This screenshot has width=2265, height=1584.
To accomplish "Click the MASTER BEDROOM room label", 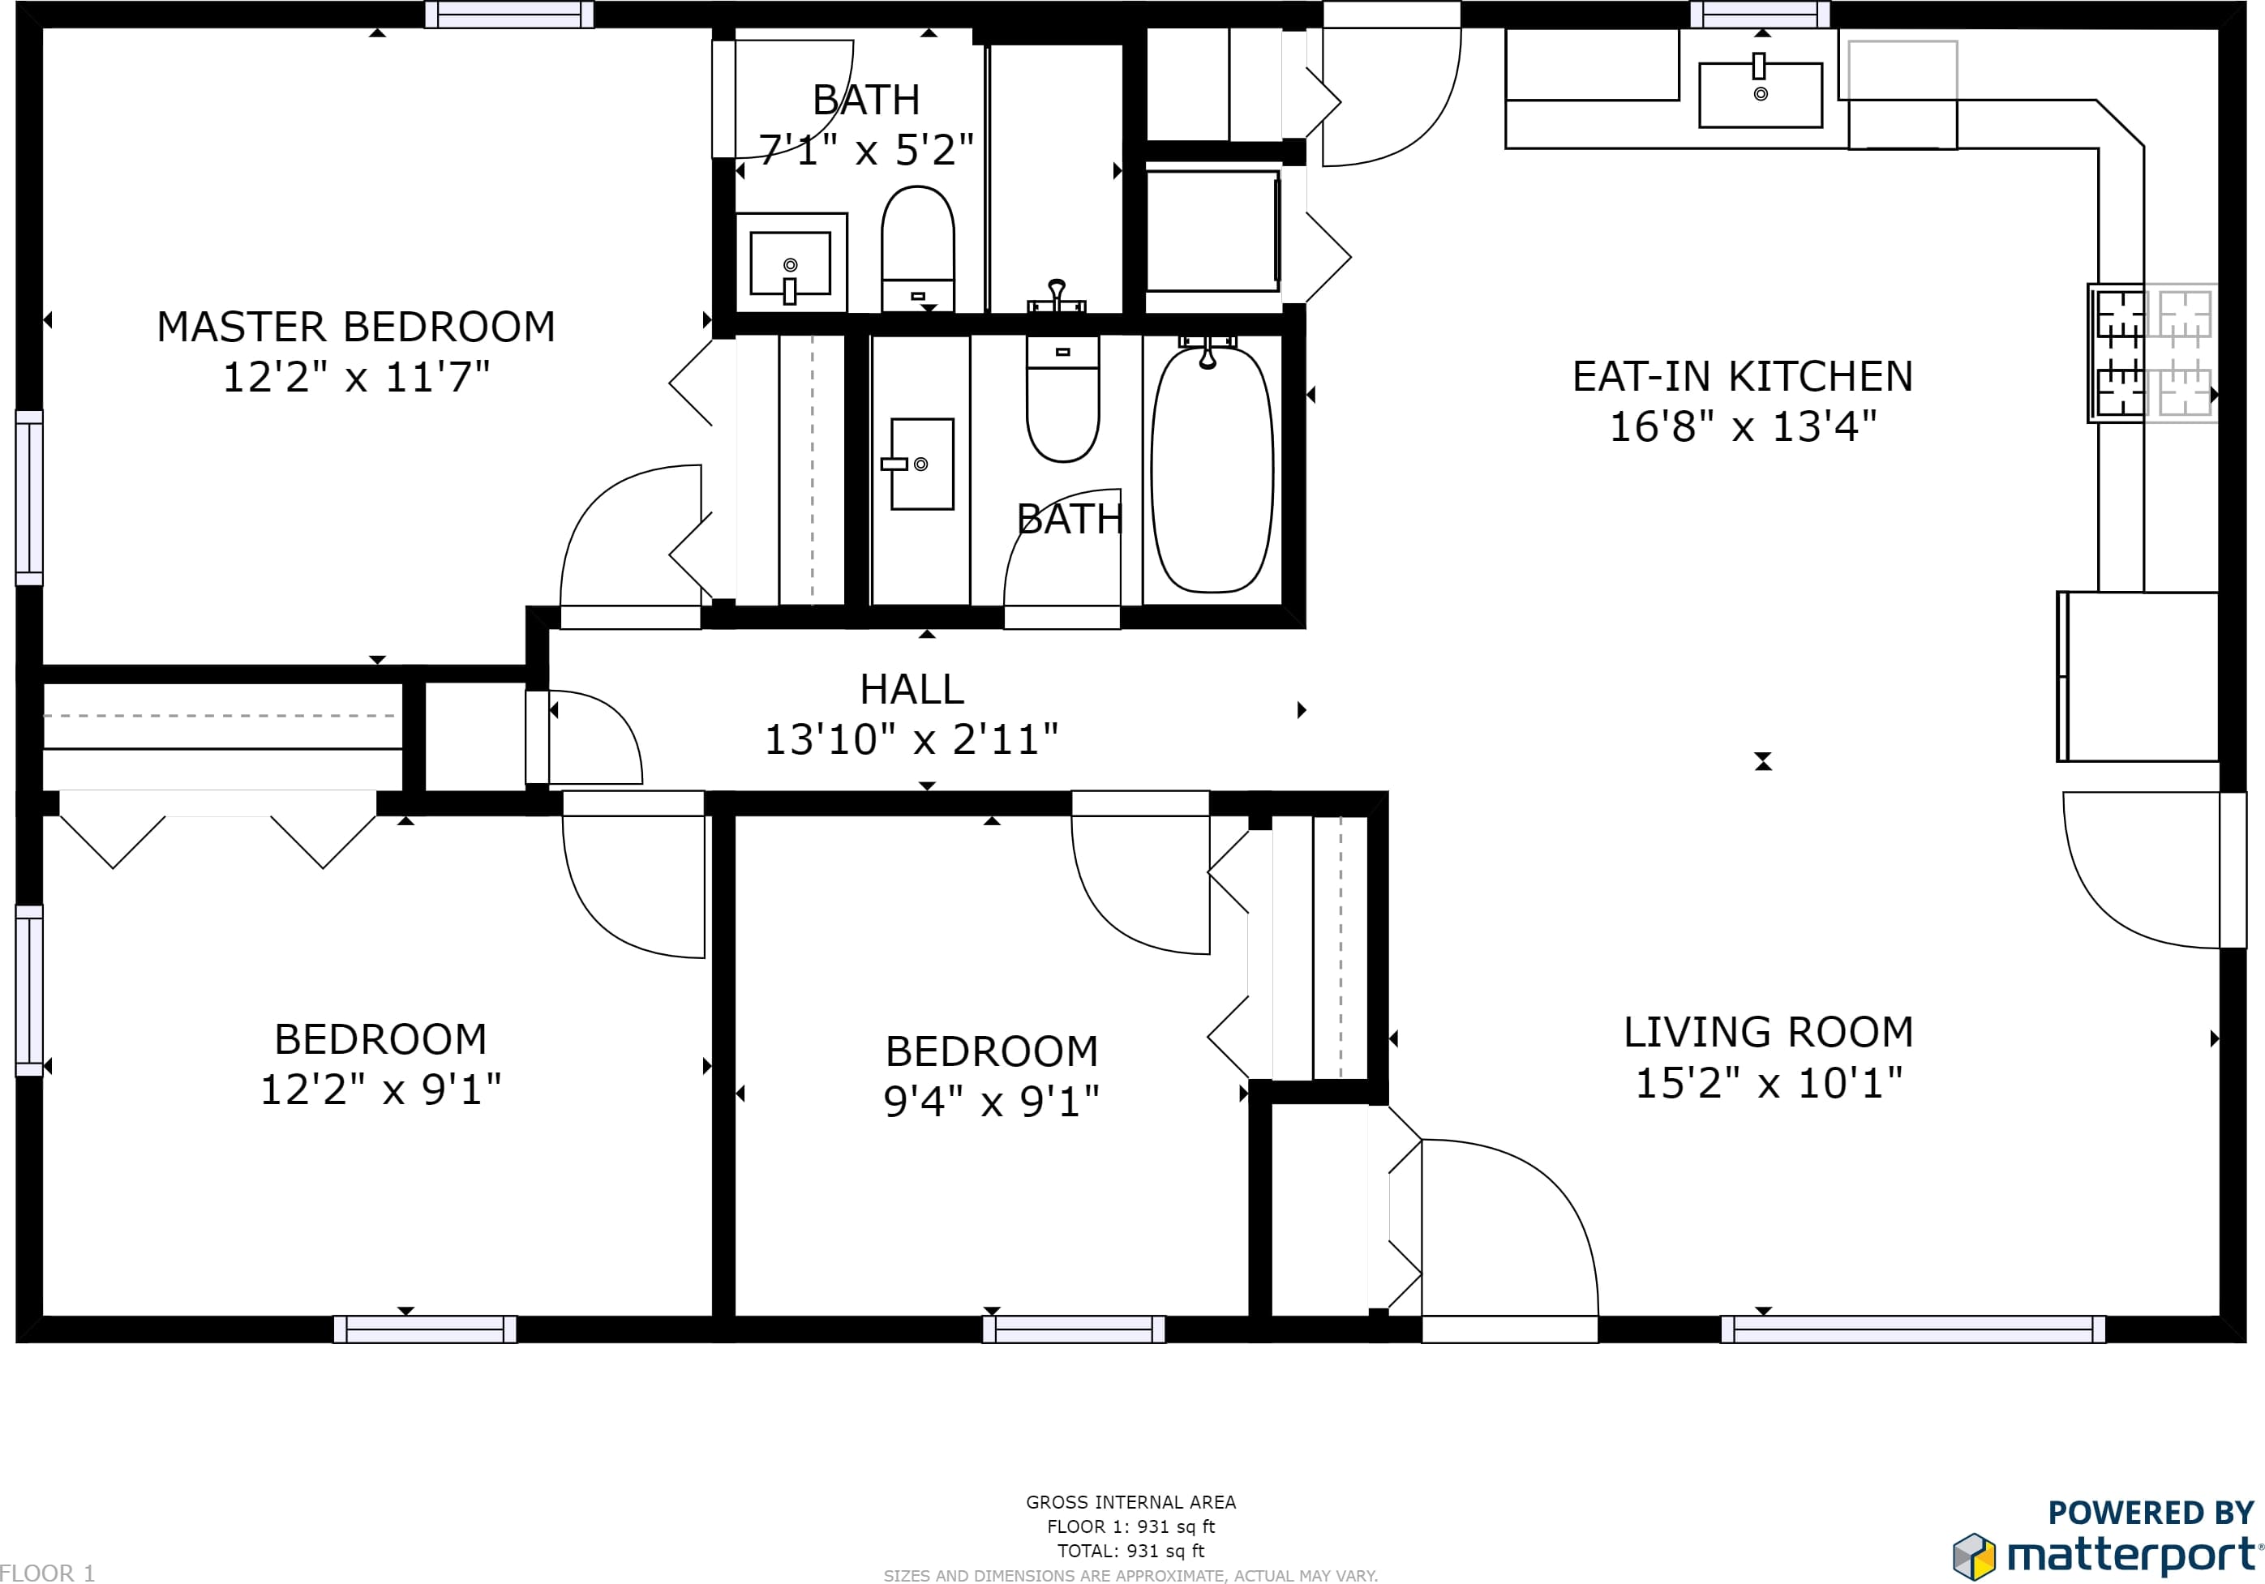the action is (356, 327).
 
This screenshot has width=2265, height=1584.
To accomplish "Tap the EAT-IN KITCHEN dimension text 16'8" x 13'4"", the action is (1743, 426).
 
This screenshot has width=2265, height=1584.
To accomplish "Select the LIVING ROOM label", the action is (1769, 1032).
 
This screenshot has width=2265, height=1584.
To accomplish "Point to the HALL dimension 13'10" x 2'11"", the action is (912, 738).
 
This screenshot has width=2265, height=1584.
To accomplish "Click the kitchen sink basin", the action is (1760, 95).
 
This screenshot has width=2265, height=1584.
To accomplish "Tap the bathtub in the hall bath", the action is (1212, 469).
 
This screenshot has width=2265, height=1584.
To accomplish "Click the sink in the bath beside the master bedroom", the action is (790, 263).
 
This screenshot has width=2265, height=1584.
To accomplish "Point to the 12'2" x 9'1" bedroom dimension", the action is (381, 1089).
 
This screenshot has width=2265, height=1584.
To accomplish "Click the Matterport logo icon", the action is (1975, 1556).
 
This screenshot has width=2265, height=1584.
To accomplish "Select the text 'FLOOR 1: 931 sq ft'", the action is (1130, 1526).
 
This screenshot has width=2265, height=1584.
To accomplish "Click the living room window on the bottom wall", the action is (1913, 1329).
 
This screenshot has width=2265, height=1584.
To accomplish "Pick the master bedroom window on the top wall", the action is (509, 14).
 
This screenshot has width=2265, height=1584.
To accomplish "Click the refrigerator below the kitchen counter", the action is (2138, 677).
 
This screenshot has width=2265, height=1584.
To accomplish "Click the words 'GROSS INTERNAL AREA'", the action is (1130, 1502).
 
